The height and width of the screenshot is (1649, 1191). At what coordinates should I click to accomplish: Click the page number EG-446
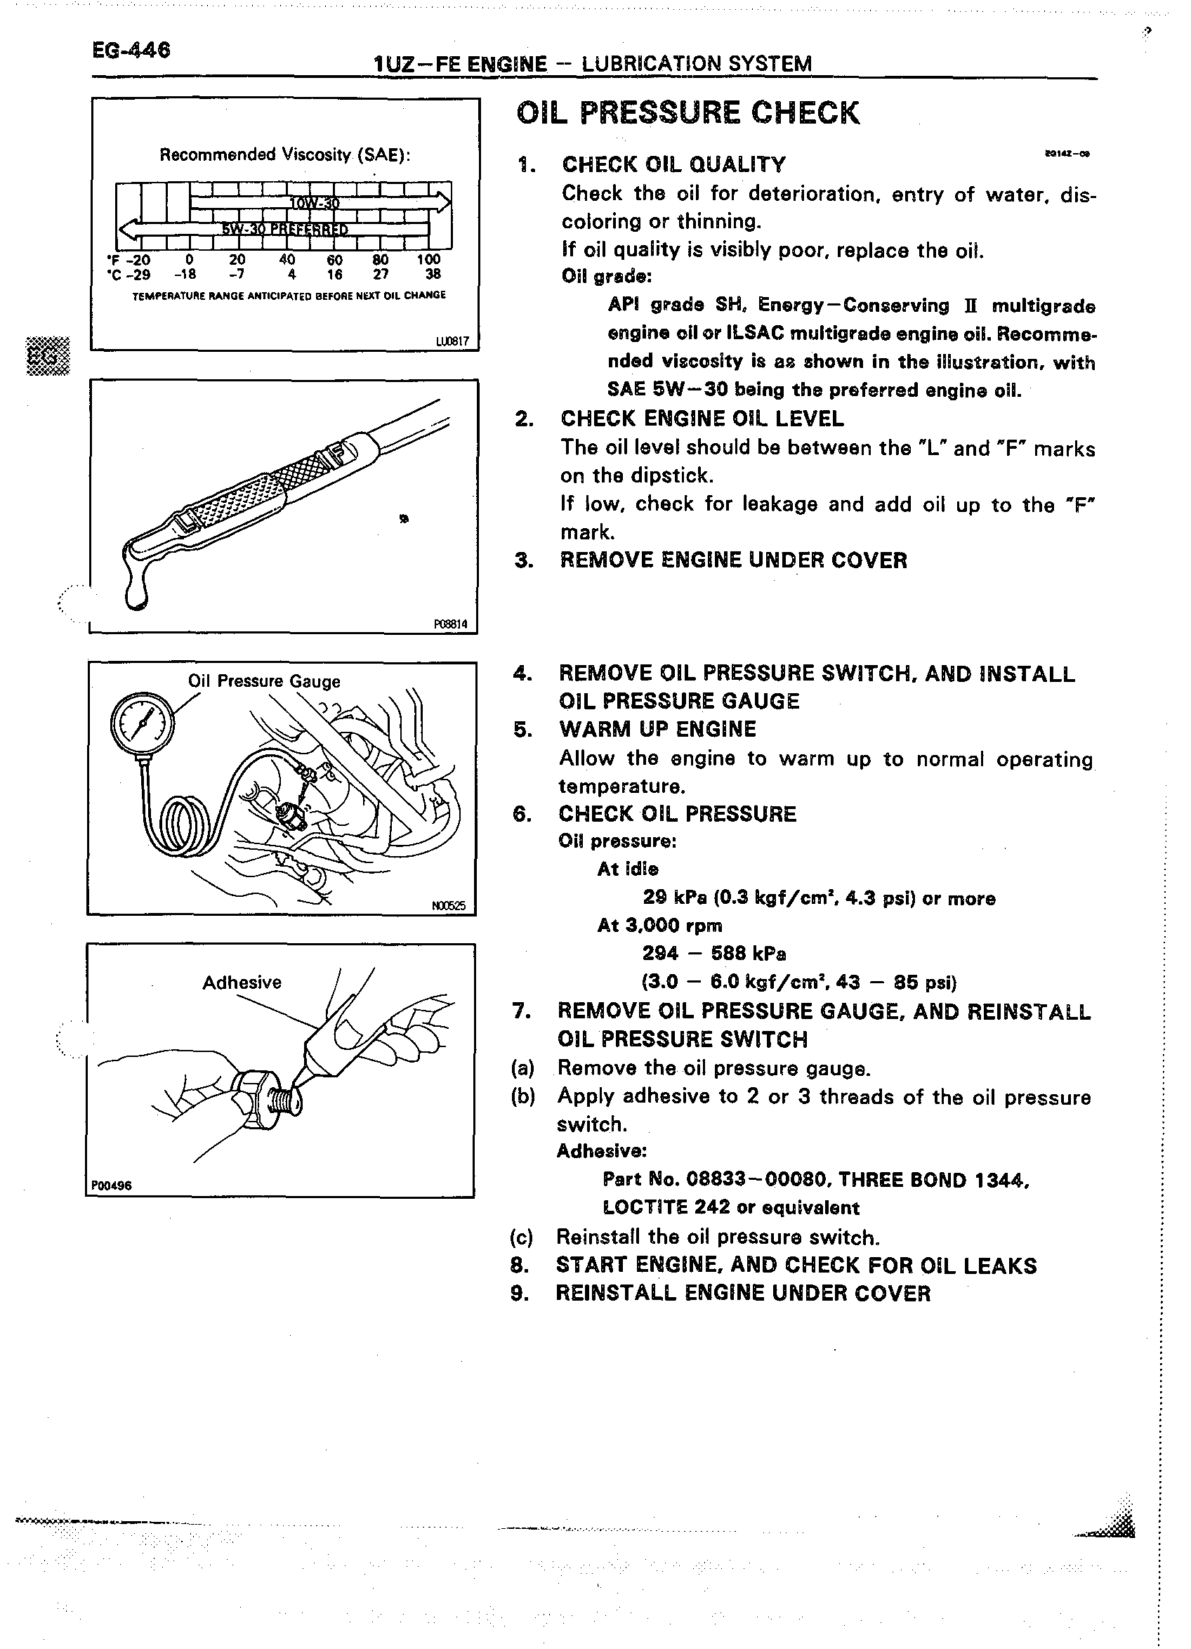pos(131,50)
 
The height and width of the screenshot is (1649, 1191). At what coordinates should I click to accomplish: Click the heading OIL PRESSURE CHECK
pos(687,114)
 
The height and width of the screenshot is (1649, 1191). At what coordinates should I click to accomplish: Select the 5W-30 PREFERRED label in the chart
pos(285,230)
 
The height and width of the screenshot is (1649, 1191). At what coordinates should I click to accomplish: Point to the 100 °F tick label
pos(428,260)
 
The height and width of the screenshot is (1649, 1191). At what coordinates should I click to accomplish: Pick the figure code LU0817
pos(452,341)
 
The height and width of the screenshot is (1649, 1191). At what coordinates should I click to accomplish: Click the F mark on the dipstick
pos(335,454)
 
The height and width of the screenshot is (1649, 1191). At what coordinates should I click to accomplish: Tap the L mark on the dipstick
pos(187,520)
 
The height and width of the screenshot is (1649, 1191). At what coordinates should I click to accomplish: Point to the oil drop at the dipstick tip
pos(136,592)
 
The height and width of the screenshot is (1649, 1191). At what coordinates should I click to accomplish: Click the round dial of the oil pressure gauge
pos(143,724)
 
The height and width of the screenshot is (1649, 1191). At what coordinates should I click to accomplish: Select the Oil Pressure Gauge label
pos(264,681)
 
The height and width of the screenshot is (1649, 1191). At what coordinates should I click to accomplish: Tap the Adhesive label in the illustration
pos(242,983)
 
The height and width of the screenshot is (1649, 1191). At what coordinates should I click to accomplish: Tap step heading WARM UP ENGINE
pos(657,729)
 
